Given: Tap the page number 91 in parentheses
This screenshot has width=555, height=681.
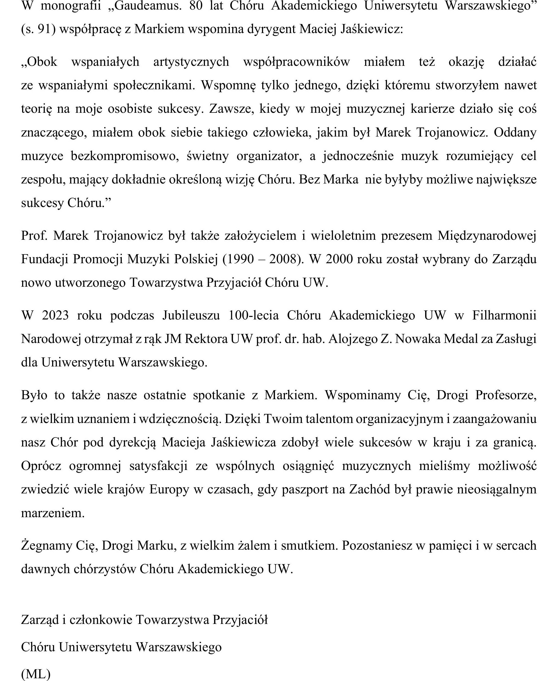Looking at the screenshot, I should (x=44, y=29).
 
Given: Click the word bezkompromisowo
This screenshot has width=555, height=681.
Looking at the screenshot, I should (x=125, y=156).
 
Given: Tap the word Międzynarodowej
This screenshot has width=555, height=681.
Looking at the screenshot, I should (x=487, y=236).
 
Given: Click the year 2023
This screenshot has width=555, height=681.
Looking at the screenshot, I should (x=55, y=315).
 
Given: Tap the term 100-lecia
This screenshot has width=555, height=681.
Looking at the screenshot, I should (x=253, y=315).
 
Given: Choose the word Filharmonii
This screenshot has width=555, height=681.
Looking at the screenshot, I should (x=504, y=315).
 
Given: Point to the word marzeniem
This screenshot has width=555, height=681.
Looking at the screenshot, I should (x=53, y=513).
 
